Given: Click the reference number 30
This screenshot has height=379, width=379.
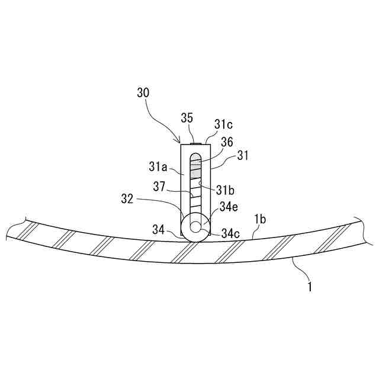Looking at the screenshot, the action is point(143,92).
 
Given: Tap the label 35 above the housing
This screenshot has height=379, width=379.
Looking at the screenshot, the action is point(187,118).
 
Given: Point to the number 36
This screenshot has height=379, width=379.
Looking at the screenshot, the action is point(227,142).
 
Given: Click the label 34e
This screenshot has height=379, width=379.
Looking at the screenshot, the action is point(229,207).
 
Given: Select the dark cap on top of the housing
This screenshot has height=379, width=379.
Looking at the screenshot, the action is point(196,143).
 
